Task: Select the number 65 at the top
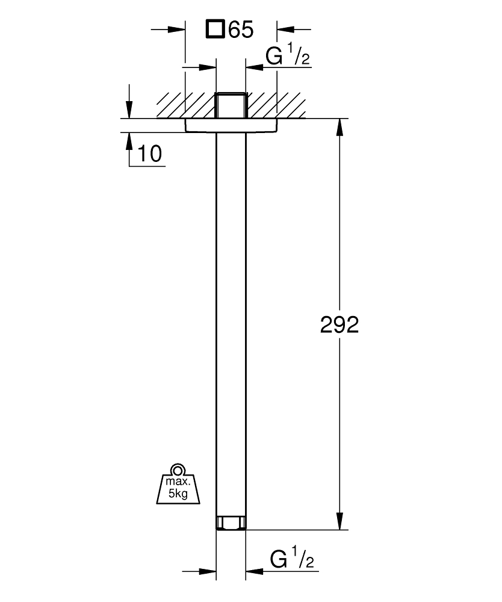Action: [x=240, y=29]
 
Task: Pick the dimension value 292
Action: [x=339, y=325]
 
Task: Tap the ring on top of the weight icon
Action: [x=176, y=470]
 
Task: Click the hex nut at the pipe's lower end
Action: [x=231, y=523]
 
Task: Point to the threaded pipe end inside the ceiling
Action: [x=231, y=105]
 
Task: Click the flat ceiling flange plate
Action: [x=231, y=125]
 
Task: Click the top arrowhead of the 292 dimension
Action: [x=340, y=127]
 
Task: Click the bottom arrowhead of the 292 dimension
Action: [x=340, y=521]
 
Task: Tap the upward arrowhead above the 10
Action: [x=129, y=140]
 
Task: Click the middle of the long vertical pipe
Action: [x=231, y=325]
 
